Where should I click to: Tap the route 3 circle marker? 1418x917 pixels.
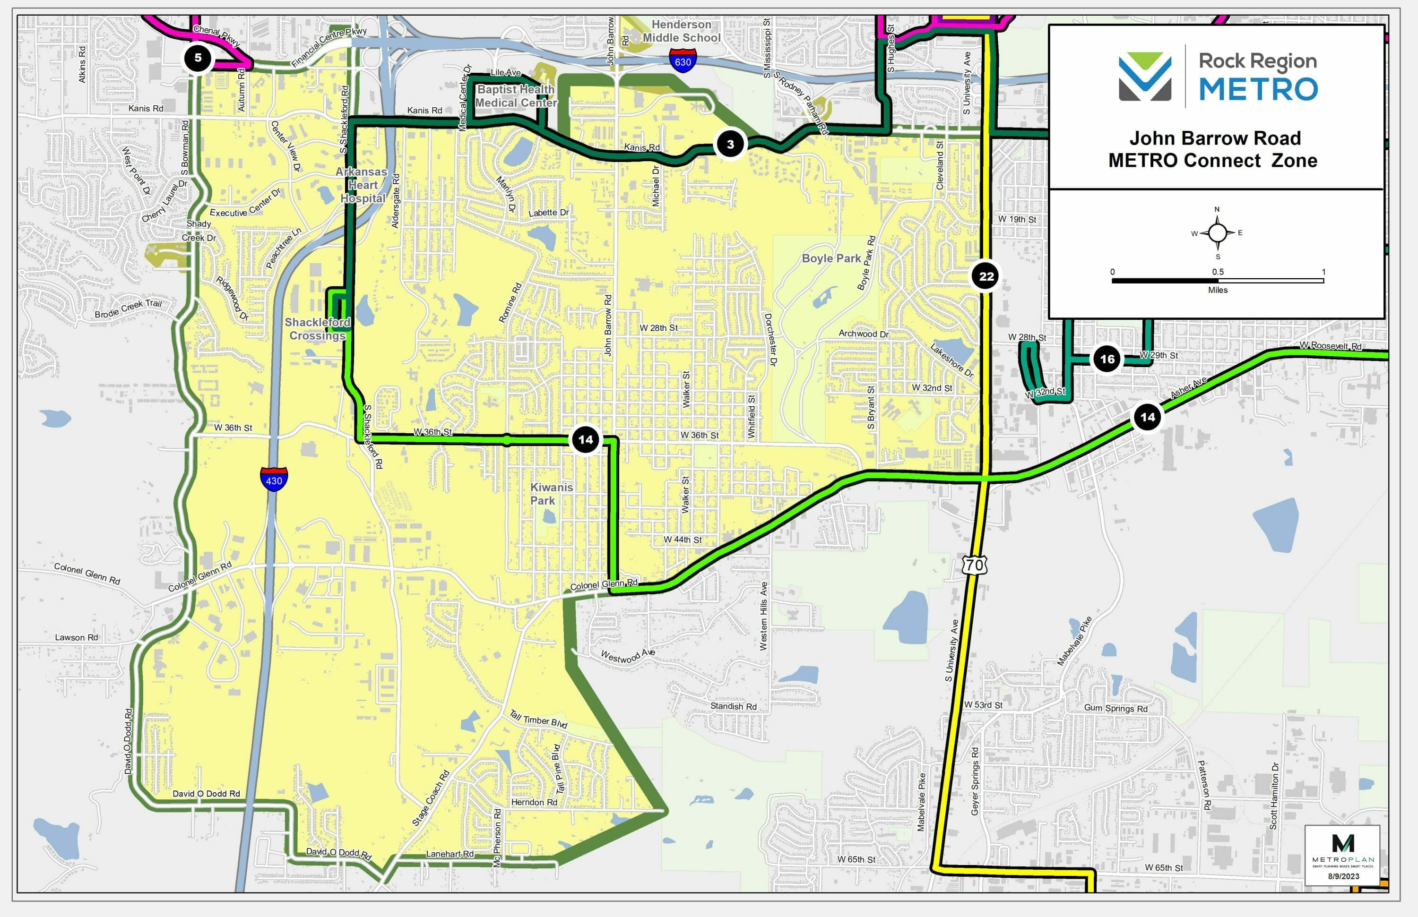(x=730, y=144)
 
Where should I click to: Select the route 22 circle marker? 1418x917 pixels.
(x=986, y=276)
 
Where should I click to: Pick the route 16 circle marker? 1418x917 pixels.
(x=1107, y=359)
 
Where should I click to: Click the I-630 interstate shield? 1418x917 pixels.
(x=683, y=61)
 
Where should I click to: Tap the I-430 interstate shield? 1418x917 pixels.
(x=274, y=480)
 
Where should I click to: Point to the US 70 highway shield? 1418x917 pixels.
(x=974, y=565)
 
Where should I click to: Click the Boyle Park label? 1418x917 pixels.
(x=831, y=258)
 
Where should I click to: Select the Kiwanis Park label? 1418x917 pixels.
(x=551, y=494)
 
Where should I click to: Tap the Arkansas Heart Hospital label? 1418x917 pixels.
(x=362, y=185)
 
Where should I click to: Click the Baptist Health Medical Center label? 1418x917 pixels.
(x=515, y=96)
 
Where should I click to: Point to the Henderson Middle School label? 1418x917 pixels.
(x=681, y=31)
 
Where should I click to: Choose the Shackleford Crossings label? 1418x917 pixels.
(x=317, y=329)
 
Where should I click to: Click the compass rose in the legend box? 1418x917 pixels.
(x=1217, y=233)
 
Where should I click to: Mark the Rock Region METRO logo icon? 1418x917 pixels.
(x=1144, y=76)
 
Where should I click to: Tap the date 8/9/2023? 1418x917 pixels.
(x=1343, y=876)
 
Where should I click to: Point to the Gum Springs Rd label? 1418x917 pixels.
(x=1115, y=708)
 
